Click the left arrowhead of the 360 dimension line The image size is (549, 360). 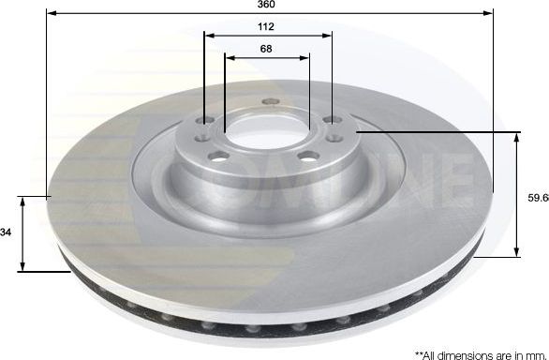[50, 16]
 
